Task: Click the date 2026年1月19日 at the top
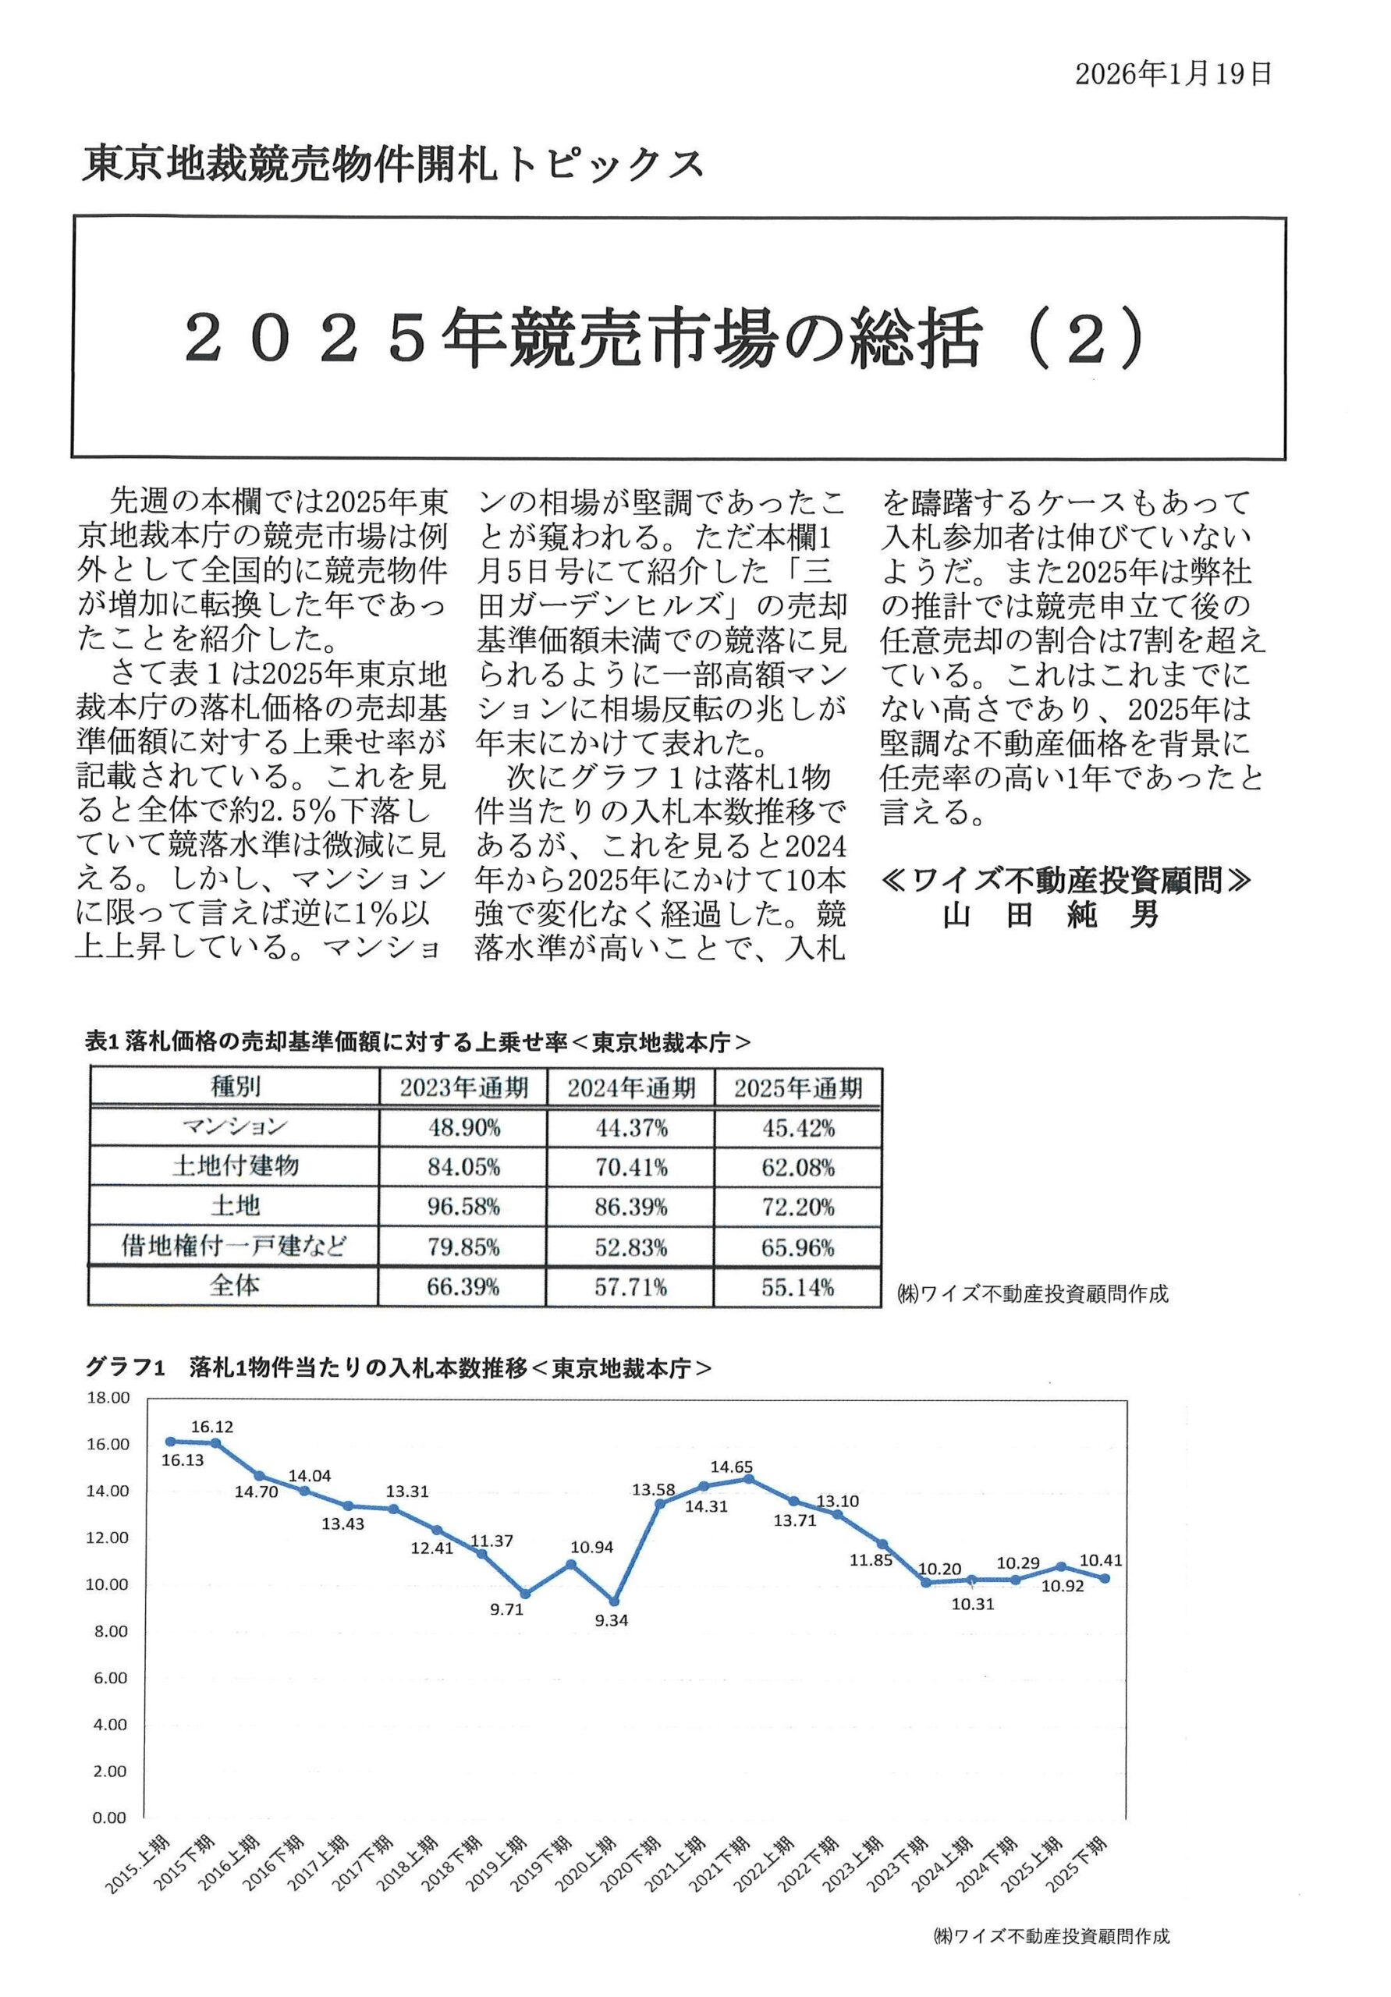(x=1173, y=75)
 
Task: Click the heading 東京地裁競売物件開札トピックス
(x=392, y=165)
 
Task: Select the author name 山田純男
(x=1050, y=915)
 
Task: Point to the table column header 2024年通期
(x=630, y=1088)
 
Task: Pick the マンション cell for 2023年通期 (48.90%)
(x=463, y=1128)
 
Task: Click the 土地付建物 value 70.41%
(x=630, y=1167)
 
